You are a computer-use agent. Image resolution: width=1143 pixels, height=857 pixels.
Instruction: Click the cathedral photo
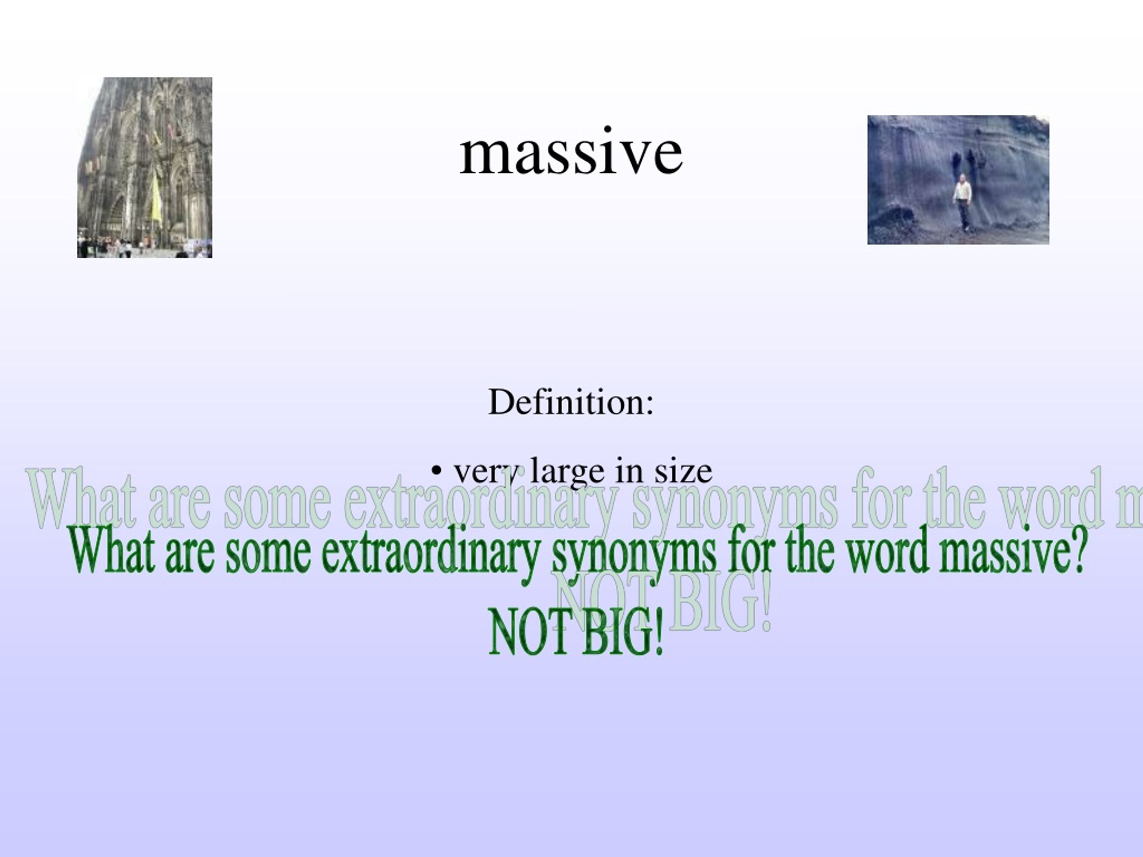[145, 167]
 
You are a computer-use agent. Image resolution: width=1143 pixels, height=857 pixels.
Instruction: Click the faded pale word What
[83, 499]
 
